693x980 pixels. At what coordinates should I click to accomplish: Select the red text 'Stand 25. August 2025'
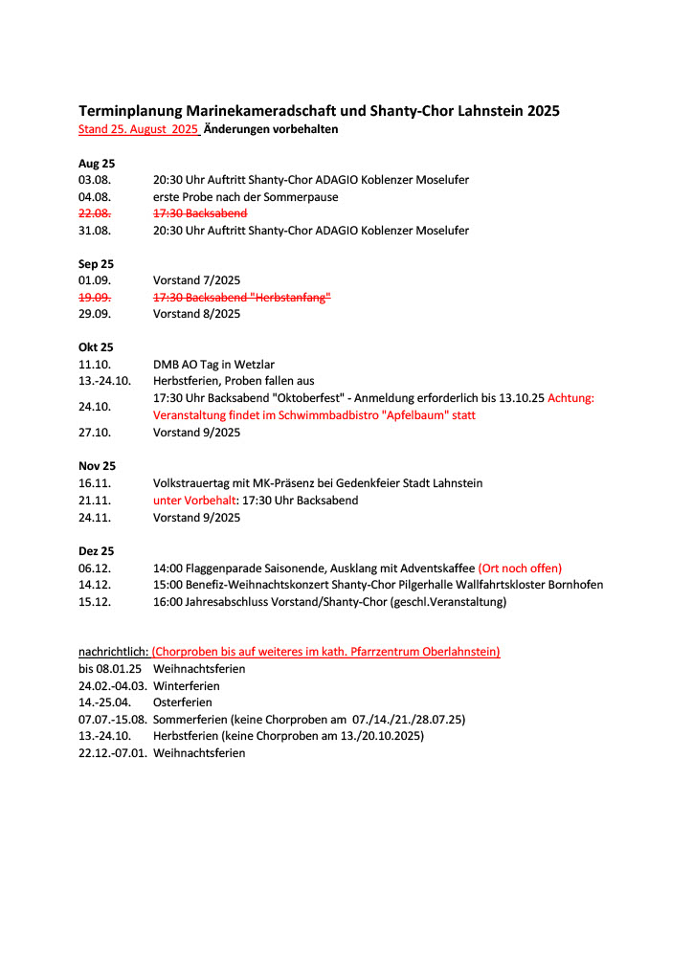pyautogui.click(x=138, y=129)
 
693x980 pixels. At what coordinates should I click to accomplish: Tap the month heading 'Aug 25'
pyautogui.click(x=96, y=164)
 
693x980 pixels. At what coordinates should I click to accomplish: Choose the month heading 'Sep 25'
pyautogui.click(x=96, y=263)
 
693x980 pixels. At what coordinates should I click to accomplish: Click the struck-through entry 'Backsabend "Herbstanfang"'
pyautogui.click(x=241, y=298)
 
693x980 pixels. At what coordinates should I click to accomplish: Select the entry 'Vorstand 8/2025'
pyautogui.click(x=196, y=314)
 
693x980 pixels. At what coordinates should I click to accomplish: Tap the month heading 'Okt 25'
pyautogui.click(x=96, y=347)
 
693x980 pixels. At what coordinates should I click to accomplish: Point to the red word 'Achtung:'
pyautogui.click(x=570, y=398)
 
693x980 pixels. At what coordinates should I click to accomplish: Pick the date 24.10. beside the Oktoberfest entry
pyautogui.click(x=95, y=407)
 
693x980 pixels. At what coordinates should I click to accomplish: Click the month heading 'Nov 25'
pyautogui.click(x=97, y=466)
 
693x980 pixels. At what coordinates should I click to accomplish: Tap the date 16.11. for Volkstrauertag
pyautogui.click(x=95, y=483)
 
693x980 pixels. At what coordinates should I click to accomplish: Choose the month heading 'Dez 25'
pyautogui.click(x=96, y=551)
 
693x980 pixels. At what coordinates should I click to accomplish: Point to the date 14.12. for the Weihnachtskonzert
pyautogui.click(x=95, y=585)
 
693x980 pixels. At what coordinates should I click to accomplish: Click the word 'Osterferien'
pyautogui.click(x=184, y=702)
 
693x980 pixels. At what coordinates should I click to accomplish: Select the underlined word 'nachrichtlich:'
pyautogui.click(x=113, y=652)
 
